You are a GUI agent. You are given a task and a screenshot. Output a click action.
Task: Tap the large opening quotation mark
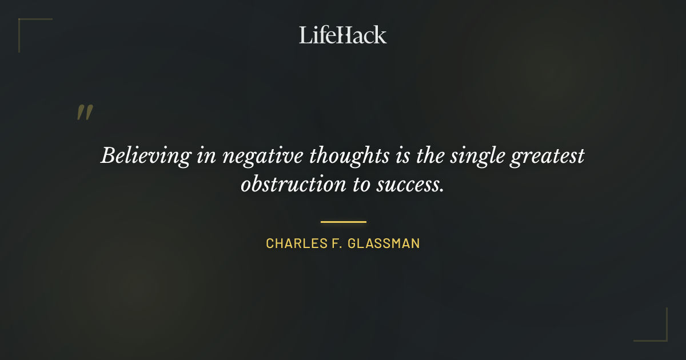tap(85, 113)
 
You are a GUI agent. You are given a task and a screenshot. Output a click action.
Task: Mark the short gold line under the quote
tap(343, 222)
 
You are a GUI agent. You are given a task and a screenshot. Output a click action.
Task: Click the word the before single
tap(429, 155)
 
